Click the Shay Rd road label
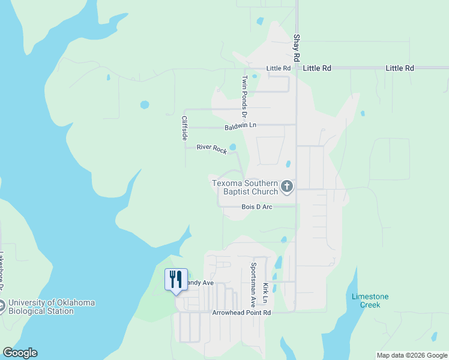pyautogui.click(x=297, y=48)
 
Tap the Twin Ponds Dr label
pyautogui.click(x=245, y=95)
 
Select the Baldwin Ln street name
pyautogui.click(x=241, y=127)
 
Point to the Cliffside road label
pyautogui.click(x=185, y=128)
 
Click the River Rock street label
pyautogui.click(x=212, y=149)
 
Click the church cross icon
pyautogui.click(x=287, y=187)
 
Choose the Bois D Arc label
pyautogui.click(x=257, y=207)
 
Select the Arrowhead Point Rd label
pyautogui.click(x=242, y=313)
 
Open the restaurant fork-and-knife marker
pyautogui.click(x=176, y=279)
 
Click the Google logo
pyautogui.click(x=20, y=353)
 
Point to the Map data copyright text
pyautogui.click(x=411, y=355)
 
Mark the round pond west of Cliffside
pyautogui.click(x=145, y=104)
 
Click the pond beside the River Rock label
pyautogui.click(x=232, y=146)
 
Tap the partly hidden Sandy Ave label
pyautogui.click(x=200, y=283)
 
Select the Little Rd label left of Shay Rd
pyautogui.click(x=279, y=68)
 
